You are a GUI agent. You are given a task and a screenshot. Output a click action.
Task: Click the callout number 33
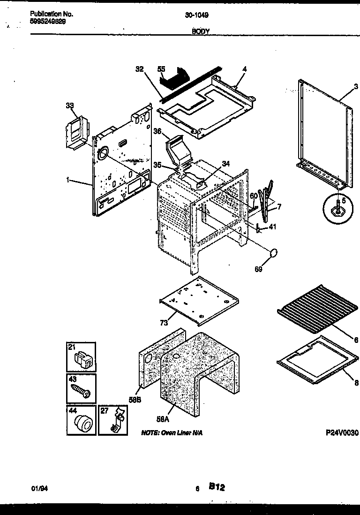[x=69, y=106]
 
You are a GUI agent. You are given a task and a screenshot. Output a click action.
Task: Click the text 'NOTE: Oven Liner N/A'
[x=173, y=433]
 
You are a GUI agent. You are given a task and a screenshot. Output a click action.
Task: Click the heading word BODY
[x=201, y=31]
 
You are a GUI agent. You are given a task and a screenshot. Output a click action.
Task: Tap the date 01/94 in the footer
[x=39, y=488]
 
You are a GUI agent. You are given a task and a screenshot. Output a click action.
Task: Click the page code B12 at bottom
[x=217, y=487]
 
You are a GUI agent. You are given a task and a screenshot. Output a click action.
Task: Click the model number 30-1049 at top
[x=196, y=15]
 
